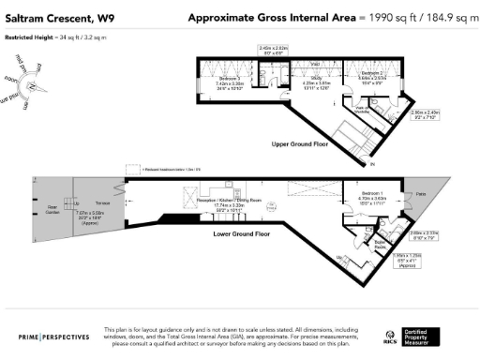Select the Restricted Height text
(56, 39)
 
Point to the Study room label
(315, 80)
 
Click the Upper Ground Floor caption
(302, 144)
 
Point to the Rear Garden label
(53, 207)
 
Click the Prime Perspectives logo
(58, 335)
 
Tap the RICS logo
(389, 335)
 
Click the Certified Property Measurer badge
(426, 335)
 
